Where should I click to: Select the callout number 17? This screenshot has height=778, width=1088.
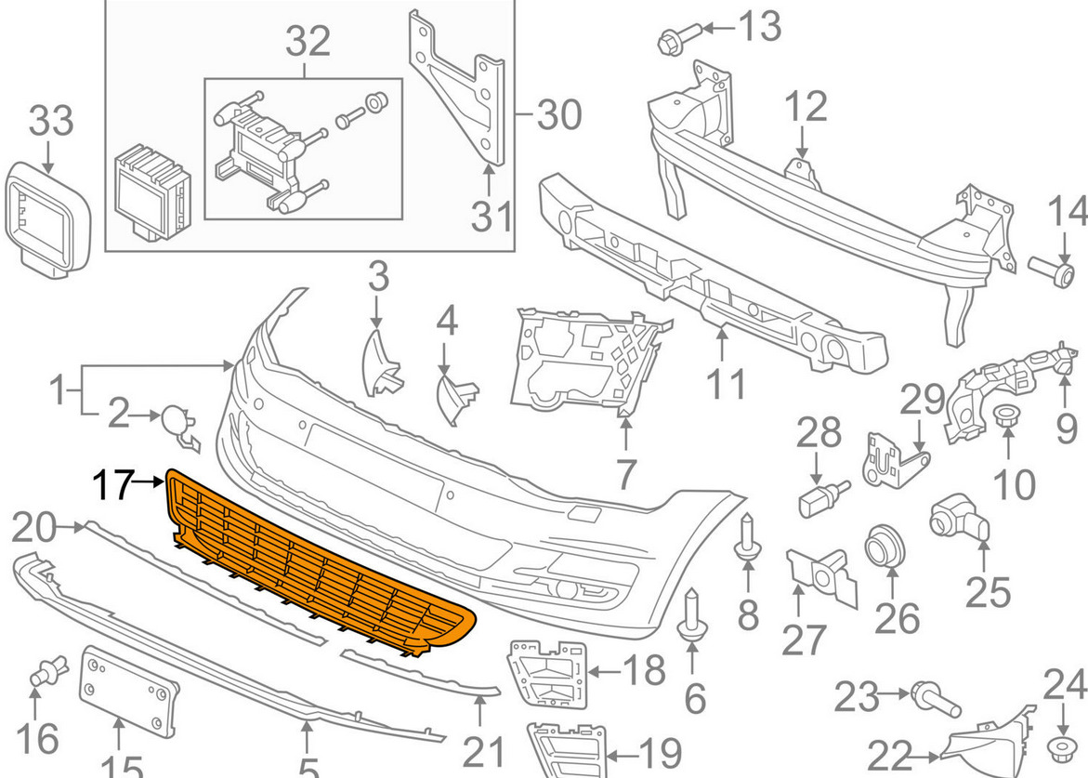click(111, 484)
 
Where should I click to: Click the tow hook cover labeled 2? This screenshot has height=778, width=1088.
click(177, 423)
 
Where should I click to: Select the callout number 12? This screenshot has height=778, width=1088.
click(804, 107)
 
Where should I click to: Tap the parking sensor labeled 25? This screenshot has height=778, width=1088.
click(957, 514)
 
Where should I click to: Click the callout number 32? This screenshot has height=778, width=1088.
click(308, 41)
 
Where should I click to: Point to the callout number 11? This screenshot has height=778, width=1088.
click(724, 383)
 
